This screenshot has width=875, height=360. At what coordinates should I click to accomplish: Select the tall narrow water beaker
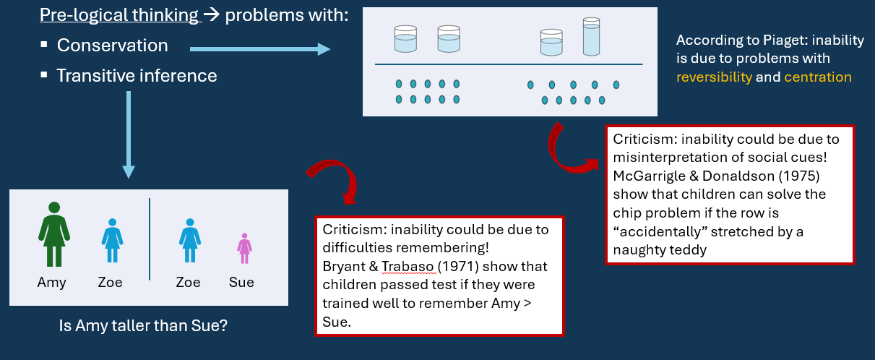(591, 38)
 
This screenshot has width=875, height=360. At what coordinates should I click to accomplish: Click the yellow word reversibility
(714, 77)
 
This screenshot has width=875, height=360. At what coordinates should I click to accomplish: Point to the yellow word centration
(817, 77)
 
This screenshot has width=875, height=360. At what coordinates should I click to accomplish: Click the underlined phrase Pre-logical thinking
(119, 14)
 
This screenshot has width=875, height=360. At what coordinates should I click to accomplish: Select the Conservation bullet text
(112, 46)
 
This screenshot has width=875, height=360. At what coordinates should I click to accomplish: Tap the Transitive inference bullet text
(137, 75)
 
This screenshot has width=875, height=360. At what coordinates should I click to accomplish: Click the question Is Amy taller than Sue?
(143, 325)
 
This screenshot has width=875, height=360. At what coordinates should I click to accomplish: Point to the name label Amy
(51, 283)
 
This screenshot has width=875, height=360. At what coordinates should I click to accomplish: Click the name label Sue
(241, 283)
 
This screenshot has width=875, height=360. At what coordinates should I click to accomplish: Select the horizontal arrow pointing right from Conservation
(259, 49)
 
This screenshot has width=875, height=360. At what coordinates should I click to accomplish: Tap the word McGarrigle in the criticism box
(647, 176)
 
